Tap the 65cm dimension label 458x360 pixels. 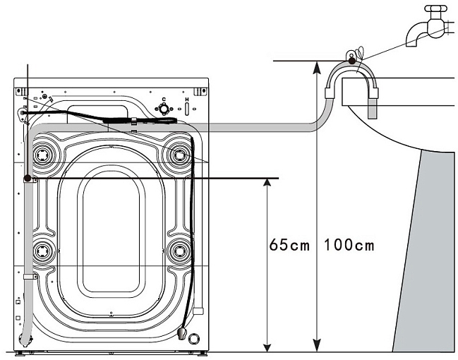tap(289, 246)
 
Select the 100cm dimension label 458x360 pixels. tap(349, 246)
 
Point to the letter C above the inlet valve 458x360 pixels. tap(163, 100)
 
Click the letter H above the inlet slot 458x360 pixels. tap(187, 100)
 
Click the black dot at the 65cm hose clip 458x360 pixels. tap(28, 179)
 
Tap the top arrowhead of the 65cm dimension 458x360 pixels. tap(267, 183)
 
